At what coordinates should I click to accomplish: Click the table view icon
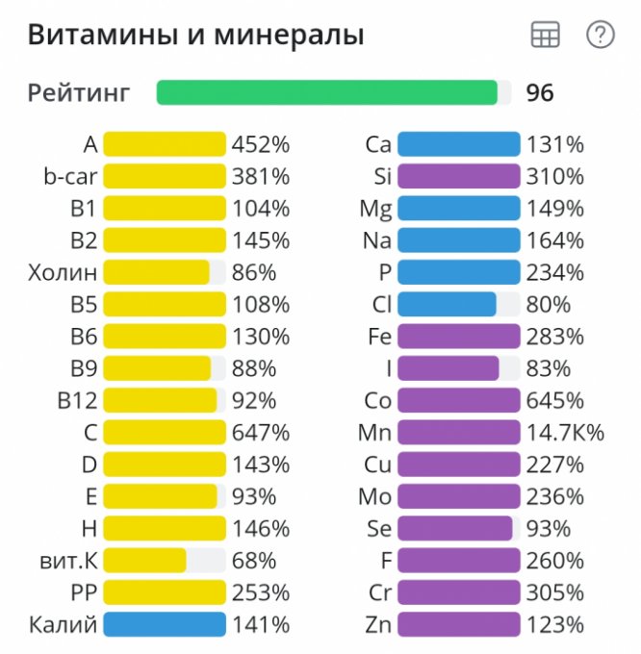click(545, 36)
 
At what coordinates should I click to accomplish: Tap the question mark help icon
click(600, 36)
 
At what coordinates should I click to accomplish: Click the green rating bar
click(327, 92)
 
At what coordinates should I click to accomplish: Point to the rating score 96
click(540, 93)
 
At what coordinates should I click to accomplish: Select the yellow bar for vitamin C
click(164, 433)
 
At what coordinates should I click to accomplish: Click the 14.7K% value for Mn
click(565, 433)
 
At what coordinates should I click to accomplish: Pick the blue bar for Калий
click(164, 624)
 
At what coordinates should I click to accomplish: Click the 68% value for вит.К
click(254, 561)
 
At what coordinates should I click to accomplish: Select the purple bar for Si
click(458, 177)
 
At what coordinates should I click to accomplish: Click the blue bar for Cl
click(447, 305)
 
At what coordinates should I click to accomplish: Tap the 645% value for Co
click(554, 401)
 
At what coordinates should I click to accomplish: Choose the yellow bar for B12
click(160, 401)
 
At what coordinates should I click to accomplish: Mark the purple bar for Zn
click(458, 624)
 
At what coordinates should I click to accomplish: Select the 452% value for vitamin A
click(260, 145)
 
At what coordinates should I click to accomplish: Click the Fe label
click(379, 337)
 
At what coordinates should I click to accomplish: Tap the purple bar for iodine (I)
click(449, 368)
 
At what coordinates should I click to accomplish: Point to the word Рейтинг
click(78, 93)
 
